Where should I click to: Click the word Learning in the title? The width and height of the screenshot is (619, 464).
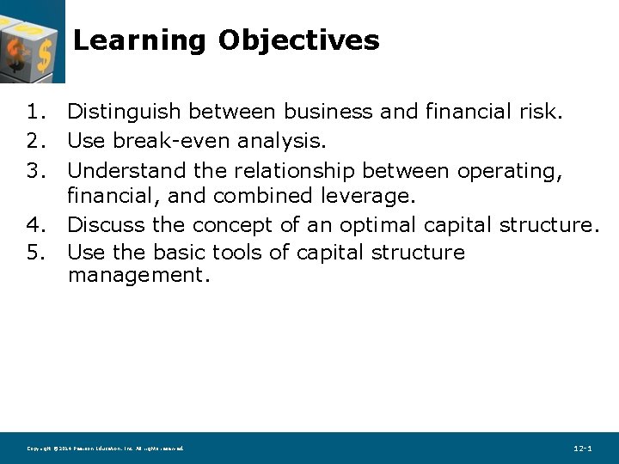(x=138, y=40)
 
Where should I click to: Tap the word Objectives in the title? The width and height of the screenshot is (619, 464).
(x=298, y=40)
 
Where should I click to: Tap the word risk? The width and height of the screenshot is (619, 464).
(x=542, y=112)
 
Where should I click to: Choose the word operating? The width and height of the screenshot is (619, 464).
(x=510, y=171)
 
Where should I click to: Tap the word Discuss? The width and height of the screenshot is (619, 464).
(x=105, y=225)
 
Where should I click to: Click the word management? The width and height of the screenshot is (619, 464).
(x=138, y=277)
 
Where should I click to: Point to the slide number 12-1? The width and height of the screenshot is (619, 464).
(x=582, y=449)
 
